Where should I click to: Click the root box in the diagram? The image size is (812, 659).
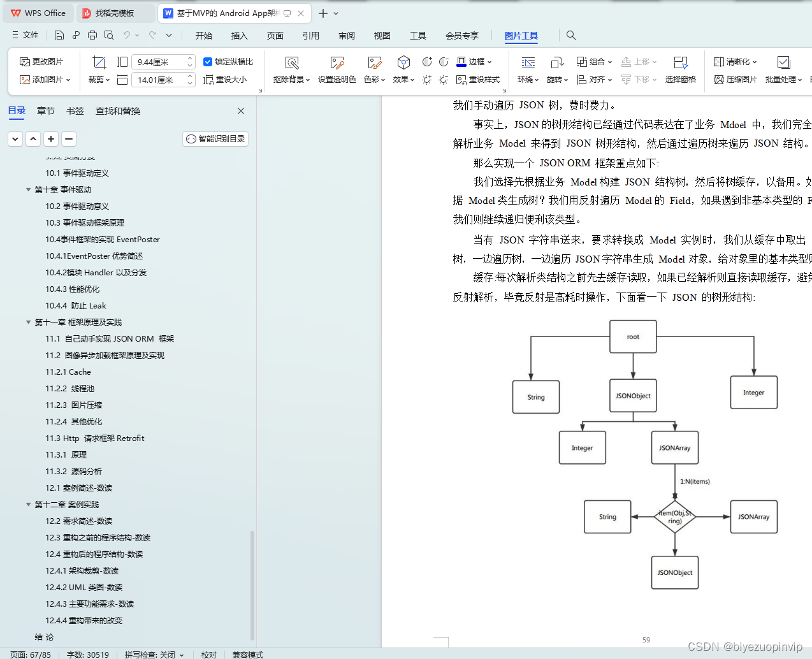[x=633, y=337]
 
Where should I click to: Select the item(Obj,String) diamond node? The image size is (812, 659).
[x=675, y=517]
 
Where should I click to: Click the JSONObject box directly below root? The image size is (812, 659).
[x=633, y=396]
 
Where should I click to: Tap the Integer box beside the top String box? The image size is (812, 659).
[x=753, y=393]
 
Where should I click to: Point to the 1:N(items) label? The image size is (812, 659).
[x=695, y=482]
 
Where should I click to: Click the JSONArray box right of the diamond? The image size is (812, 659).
[x=753, y=517]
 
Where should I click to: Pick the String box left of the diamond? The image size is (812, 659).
[x=607, y=517]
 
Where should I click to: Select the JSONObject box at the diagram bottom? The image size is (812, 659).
[x=675, y=572]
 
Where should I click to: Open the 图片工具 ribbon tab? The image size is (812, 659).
[x=521, y=36]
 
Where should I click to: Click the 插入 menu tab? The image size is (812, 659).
[x=239, y=36]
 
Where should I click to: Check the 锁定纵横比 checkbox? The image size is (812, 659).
[x=208, y=62]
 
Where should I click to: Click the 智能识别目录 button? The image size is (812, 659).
[x=215, y=139]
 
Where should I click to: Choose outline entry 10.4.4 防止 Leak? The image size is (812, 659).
[x=76, y=306]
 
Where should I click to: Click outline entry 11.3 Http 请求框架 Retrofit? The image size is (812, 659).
[x=95, y=438]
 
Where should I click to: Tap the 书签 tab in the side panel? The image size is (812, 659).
[x=75, y=111]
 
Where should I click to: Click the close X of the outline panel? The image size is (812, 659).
[x=241, y=111]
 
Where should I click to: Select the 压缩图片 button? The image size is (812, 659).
[x=736, y=80]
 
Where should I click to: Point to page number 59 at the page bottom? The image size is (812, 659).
[x=646, y=640]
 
